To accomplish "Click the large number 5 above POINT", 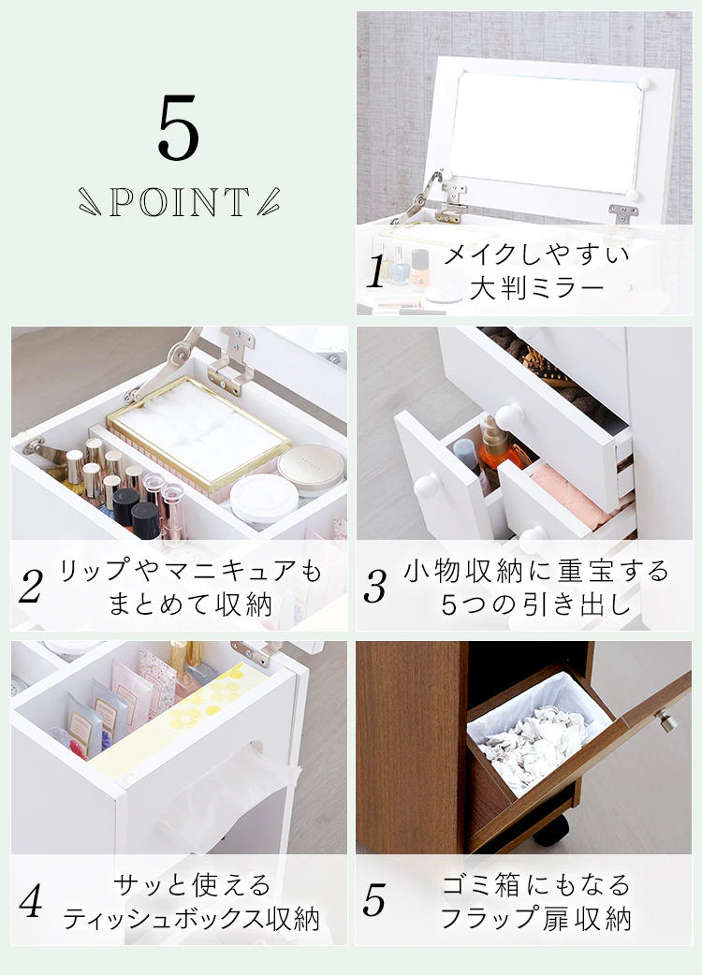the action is click(179, 127).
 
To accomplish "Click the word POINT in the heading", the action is click(180, 202).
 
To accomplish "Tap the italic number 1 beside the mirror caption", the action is click(375, 271).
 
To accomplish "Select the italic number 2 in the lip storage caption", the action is click(31, 587).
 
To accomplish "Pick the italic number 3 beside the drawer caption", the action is click(375, 587).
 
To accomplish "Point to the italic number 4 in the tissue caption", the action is click(31, 901).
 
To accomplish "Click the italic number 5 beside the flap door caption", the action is click(374, 901).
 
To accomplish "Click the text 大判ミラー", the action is click(537, 288).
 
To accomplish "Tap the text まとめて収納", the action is click(190, 604).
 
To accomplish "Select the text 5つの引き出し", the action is click(536, 604).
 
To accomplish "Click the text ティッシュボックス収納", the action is click(192, 919).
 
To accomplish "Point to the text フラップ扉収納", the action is click(536, 919).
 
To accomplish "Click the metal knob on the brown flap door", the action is click(666, 721).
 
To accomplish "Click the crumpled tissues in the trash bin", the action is click(533, 746).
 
